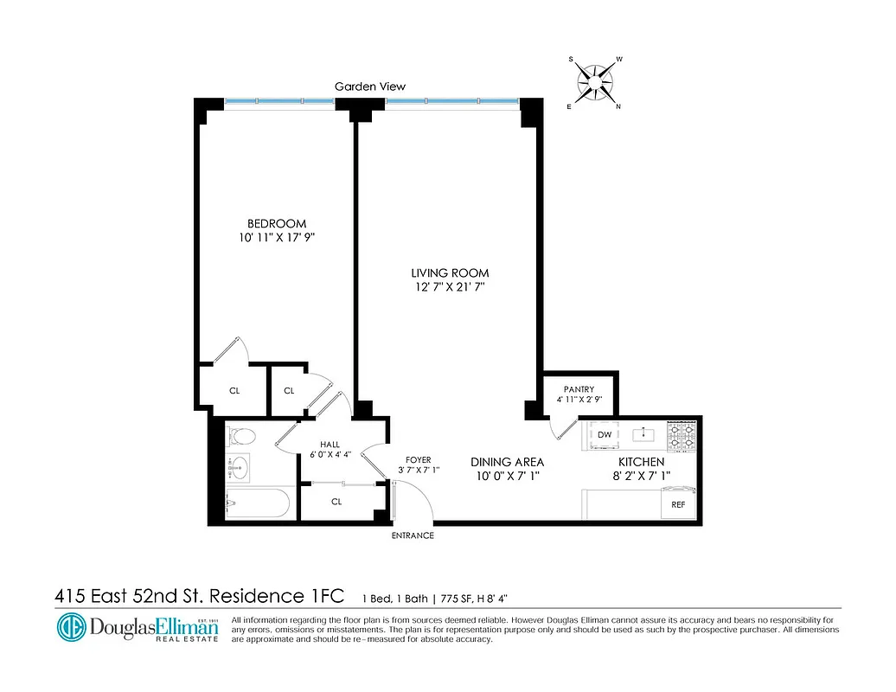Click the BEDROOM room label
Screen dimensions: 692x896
click(x=276, y=223)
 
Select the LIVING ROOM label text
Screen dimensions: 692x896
click(x=449, y=273)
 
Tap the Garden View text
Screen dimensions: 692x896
click(x=370, y=86)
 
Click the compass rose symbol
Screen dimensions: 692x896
click(x=595, y=83)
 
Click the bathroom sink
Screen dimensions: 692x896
click(x=238, y=467)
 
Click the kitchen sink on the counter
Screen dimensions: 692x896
click(x=643, y=434)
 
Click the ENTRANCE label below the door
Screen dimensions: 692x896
click(x=413, y=536)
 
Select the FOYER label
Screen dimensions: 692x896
click(x=419, y=460)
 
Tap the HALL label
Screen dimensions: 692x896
click(x=330, y=445)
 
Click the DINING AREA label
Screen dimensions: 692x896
click(x=507, y=462)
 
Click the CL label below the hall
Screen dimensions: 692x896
click(x=336, y=502)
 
